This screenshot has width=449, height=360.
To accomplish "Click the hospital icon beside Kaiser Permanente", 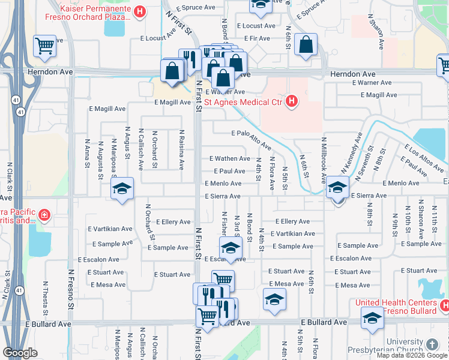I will [x=140, y=11].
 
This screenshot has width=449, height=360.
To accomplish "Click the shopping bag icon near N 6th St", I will [x=306, y=44].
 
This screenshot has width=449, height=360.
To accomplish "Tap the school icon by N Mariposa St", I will [x=122, y=190].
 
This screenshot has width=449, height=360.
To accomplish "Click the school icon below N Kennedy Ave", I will [x=337, y=189].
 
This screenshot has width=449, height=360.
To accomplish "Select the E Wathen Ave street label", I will [x=229, y=158].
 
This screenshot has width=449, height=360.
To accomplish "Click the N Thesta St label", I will [x=46, y=297].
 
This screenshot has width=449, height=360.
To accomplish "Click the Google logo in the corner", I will [x=20, y=353].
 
